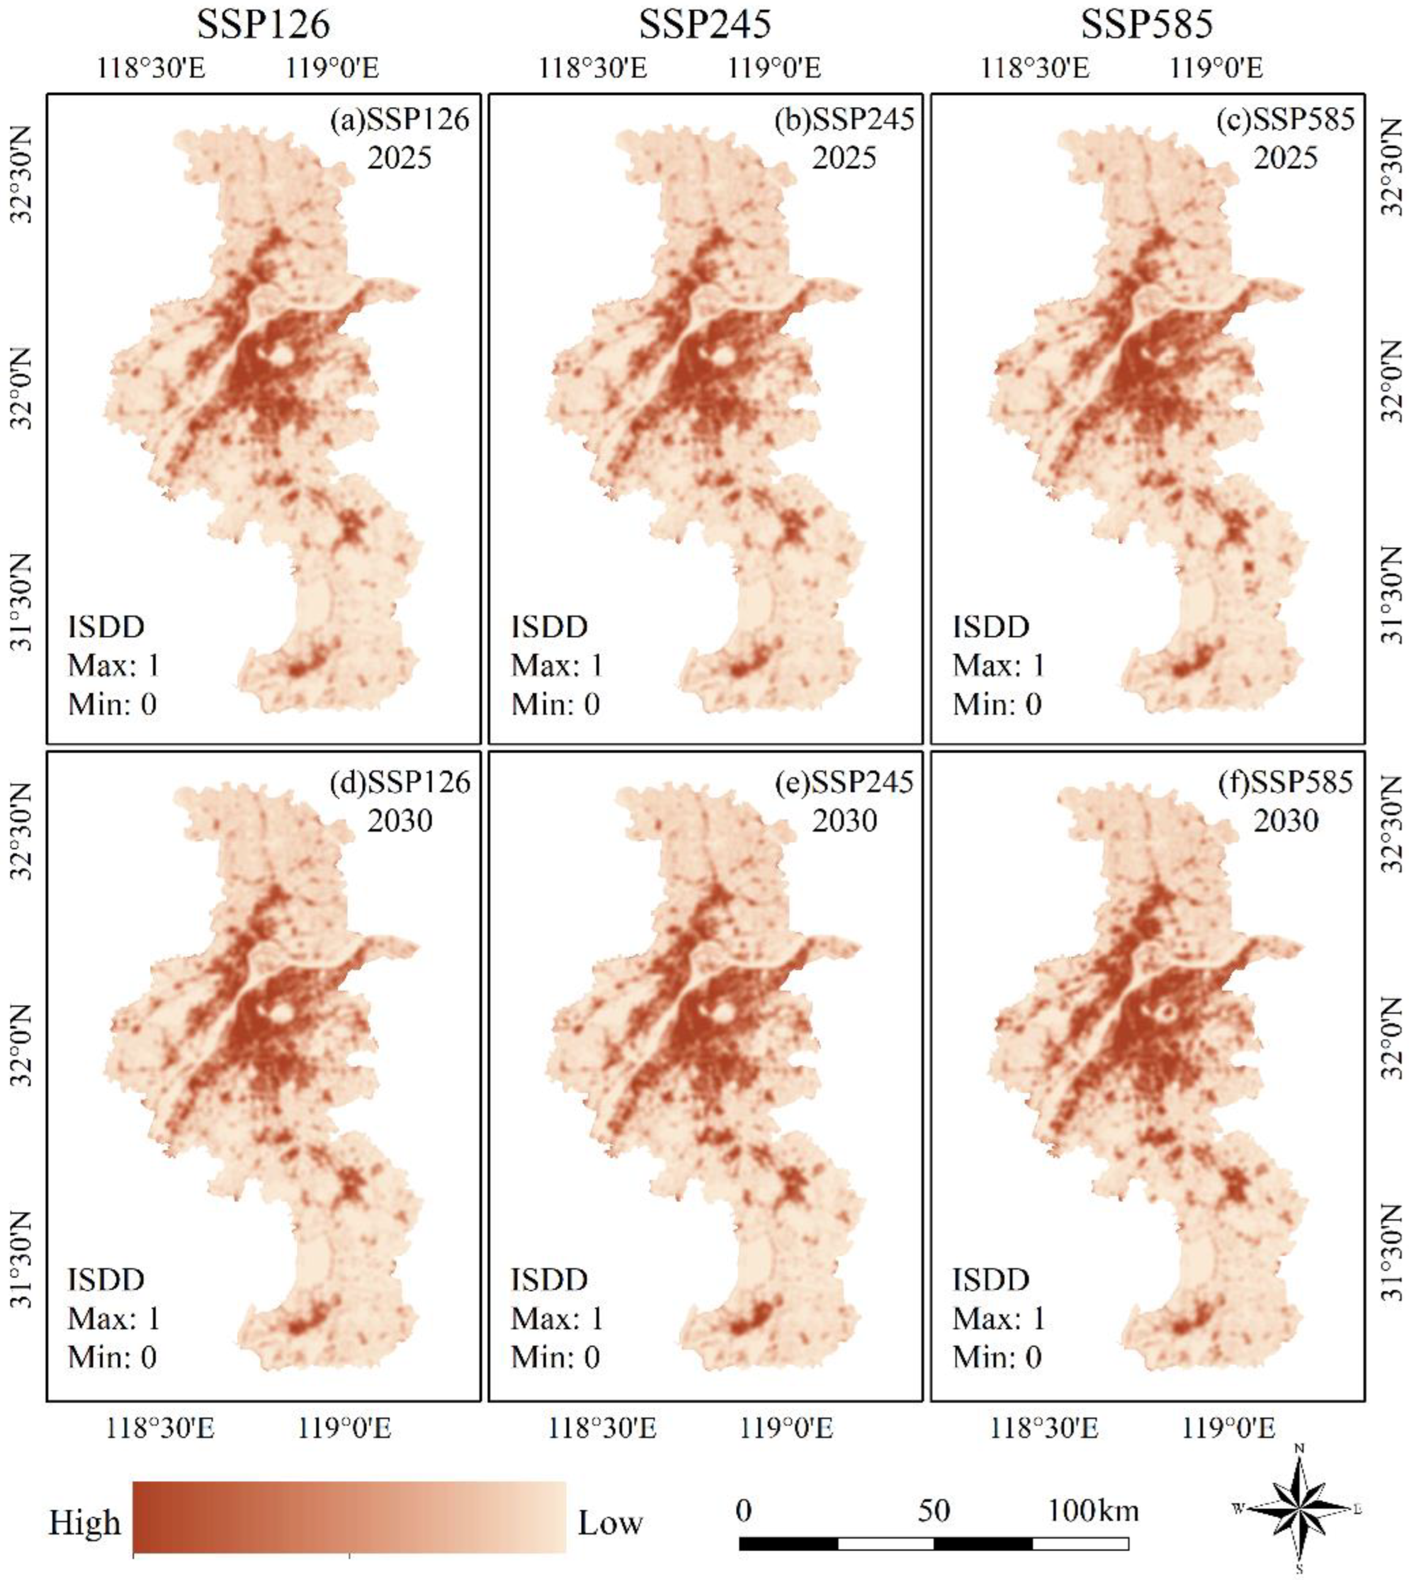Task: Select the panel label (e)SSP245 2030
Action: point(844,800)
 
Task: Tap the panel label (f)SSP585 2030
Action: point(1286,800)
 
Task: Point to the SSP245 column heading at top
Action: point(704,25)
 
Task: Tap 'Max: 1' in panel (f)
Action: point(999,1318)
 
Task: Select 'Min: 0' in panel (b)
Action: point(555,704)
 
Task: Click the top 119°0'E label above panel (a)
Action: point(332,68)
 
